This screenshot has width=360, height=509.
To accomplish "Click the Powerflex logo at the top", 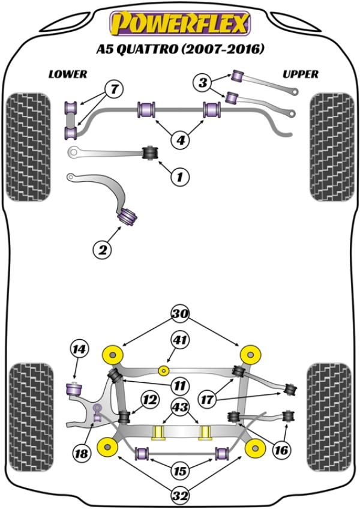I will pyautogui.click(x=179, y=23).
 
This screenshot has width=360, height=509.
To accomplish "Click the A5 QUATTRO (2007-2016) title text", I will pyautogui.click(x=179, y=49).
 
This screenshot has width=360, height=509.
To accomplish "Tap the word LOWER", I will pyautogui.click(x=68, y=74).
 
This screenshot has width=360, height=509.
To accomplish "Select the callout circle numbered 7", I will pyautogui.click(x=113, y=90).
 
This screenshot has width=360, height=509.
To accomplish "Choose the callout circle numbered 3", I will pyautogui.click(x=203, y=82).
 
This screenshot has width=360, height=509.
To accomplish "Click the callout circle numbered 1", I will pyautogui.click(x=179, y=176).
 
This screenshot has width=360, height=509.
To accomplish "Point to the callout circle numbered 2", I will pyautogui.click(x=103, y=250).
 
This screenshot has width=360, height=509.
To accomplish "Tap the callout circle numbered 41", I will pyautogui.click(x=179, y=340).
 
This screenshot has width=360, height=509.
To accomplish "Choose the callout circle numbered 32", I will pyautogui.click(x=179, y=496).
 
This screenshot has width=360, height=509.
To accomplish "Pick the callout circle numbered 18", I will pyautogui.click(x=82, y=454).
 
